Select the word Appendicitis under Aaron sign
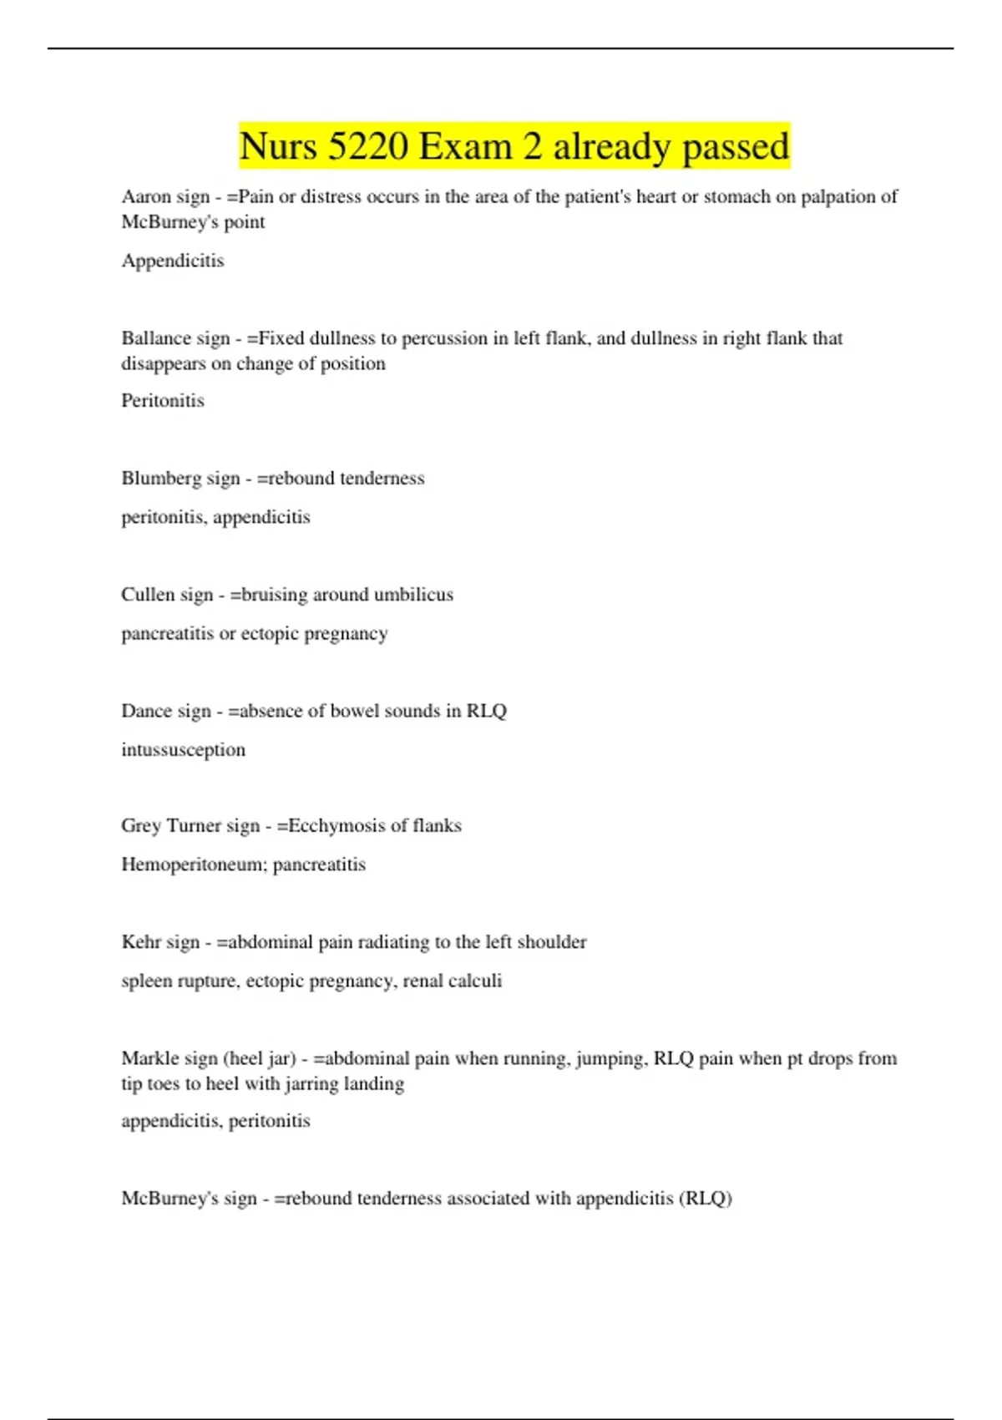pyautogui.click(x=173, y=261)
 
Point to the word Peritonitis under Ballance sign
pyautogui.click(x=163, y=401)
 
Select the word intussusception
pyautogui.click(x=184, y=750)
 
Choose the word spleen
pyautogui.click(x=144, y=981)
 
